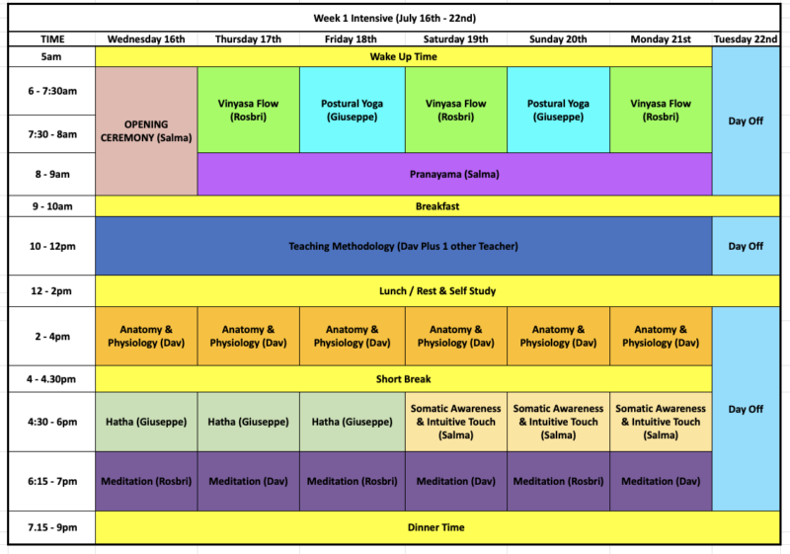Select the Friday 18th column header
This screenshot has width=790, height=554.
(x=351, y=40)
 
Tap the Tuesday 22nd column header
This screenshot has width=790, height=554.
(x=746, y=40)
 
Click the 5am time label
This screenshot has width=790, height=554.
(x=51, y=56)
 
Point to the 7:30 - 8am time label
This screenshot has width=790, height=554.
(x=52, y=134)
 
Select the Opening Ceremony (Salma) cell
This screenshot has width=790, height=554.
(x=146, y=131)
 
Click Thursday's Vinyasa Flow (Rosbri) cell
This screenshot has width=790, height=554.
(x=249, y=110)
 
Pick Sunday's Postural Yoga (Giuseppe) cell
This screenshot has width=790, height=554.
(x=558, y=110)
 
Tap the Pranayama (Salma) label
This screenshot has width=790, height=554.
(x=454, y=174)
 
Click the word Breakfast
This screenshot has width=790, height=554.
(x=437, y=206)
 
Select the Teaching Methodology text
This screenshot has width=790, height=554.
(x=403, y=246)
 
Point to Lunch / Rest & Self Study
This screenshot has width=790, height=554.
(x=437, y=290)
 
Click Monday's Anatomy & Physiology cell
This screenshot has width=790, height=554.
(x=661, y=336)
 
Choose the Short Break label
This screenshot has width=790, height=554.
(x=403, y=379)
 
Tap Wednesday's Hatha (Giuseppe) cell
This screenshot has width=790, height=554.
(x=146, y=422)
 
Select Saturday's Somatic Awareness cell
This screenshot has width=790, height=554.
(x=456, y=422)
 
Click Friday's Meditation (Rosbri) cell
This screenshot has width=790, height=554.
(x=353, y=481)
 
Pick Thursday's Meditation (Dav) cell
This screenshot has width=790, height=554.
(x=249, y=481)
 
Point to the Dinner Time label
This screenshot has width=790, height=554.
(x=436, y=527)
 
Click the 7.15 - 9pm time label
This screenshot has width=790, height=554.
(x=52, y=527)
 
